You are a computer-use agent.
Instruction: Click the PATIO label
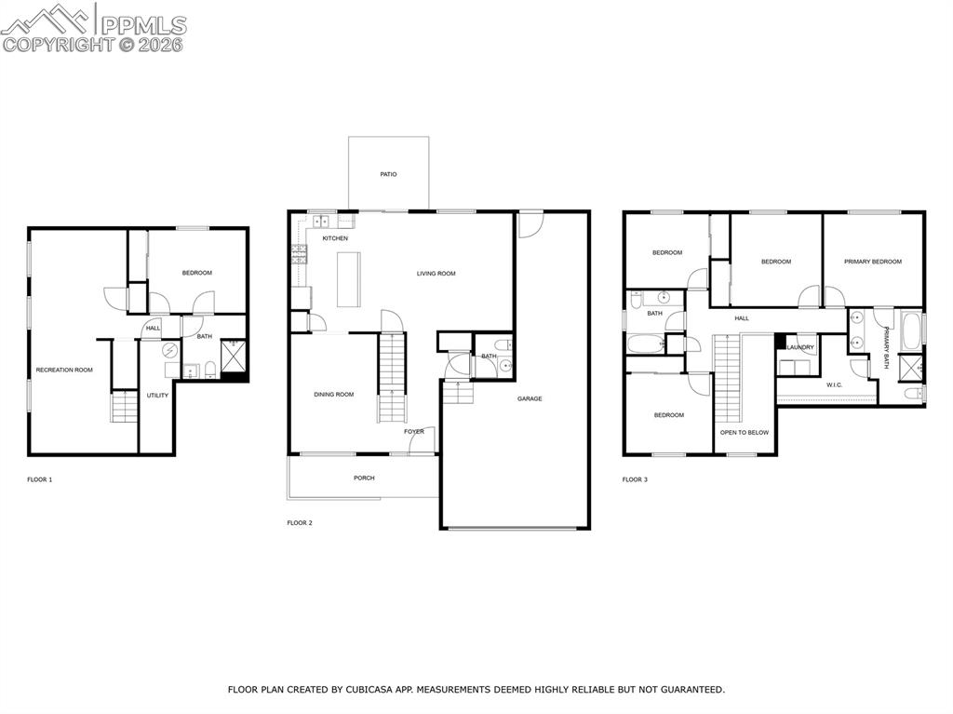pos(388,174)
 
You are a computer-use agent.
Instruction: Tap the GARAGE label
pos(530,398)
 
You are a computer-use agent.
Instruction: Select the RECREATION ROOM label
pos(64,370)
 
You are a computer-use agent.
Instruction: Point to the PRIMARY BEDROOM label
pos(873,262)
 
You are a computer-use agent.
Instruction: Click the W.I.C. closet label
pos(834,384)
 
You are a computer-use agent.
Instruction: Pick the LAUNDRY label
pos(800,348)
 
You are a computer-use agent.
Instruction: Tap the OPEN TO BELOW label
pos(745,433)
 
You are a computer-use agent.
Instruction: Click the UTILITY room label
pos(157,396)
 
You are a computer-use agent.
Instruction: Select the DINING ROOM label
pos(333,395)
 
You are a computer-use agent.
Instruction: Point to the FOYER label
pos(414,432)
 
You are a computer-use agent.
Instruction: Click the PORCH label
pos(364,478)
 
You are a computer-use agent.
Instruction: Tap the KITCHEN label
pos(335,238)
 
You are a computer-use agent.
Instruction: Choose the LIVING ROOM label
pos(436,274)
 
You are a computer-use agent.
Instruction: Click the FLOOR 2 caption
pos(300,523)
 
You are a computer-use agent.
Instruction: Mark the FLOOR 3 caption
pos(635,479)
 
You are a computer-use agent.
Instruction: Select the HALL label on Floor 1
pos(153,328)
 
